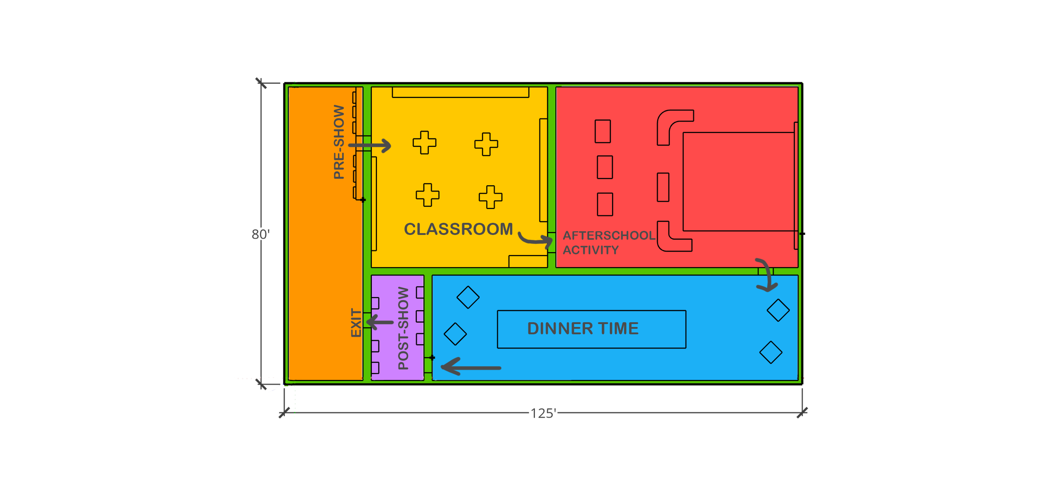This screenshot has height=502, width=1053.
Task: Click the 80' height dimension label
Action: pyautogui.click(x=260, y=234)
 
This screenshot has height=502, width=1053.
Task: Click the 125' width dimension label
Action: pyautogui.click(x=543, y=414)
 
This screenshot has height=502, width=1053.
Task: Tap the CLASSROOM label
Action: pyautogui.click(x=458, y=229)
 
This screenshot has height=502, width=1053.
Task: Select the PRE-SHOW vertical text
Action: pyautogui.click(x=339, y=142)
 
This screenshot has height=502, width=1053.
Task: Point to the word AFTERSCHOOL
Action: pyautogui.click(x=609, y=235)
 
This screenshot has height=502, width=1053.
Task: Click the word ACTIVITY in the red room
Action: pyautogui.click(x=591, y=250)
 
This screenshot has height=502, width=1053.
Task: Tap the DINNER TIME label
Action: pyautogui.click(x=583, y=329)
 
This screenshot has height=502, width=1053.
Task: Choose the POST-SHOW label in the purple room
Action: pyautogui.click(x=403, y=328)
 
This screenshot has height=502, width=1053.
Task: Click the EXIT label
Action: pyautogui.click(x=356, y=323)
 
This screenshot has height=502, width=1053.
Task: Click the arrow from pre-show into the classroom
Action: pyautogui.click(x=370, y=146)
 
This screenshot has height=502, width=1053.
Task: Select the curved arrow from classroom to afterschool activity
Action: pyautogui.click(x=535, y=239)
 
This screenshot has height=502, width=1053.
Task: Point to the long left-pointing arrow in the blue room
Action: pyautogui.click(x=471, y=367)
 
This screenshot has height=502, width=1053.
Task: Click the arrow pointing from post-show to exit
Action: pyautogui.click(x=380, y=323)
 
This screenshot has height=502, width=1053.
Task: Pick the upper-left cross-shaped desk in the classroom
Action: pyautogui.click(x=424, y=143)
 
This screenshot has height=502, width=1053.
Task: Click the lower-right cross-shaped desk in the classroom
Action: pyautogui.click(x=490, y=197)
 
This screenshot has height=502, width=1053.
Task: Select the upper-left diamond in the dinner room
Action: pyautogui.click(x=468, y=297)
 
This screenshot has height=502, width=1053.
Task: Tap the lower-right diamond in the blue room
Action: pyautogui.click(x=771, y=352)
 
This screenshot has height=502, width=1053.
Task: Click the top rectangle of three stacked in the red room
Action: pyautogui.click(x=603, y=131)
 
